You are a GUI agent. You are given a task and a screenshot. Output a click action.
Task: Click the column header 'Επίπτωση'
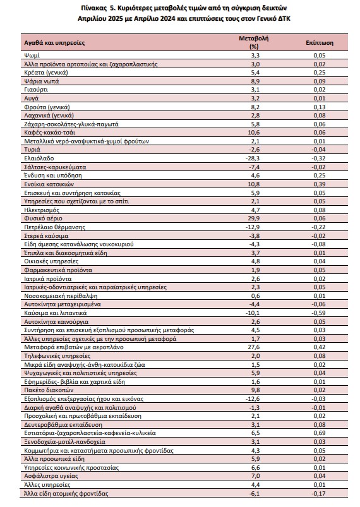[319, 43]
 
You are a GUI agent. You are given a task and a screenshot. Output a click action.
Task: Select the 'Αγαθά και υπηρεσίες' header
[54, 43]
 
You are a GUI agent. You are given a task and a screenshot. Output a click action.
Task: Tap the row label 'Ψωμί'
[32, 56]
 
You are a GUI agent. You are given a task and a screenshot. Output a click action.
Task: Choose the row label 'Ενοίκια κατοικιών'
[49, 184]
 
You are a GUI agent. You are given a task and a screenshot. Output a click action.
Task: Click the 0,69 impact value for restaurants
[319, 433]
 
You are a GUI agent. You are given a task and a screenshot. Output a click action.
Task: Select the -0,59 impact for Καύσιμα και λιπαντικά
[318, 313]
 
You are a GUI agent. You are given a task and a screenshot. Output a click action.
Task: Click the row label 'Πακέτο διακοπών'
[49, 390]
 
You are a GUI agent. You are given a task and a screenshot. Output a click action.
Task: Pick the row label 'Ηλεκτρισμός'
[42, 210]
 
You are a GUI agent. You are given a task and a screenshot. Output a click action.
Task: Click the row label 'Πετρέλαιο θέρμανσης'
[55, 227]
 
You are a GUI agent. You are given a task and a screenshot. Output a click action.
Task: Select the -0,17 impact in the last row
[318, 493]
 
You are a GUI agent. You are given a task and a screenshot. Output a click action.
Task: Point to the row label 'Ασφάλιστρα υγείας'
[51, 476]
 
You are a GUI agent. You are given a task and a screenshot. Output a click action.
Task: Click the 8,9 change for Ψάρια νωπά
[255, 81]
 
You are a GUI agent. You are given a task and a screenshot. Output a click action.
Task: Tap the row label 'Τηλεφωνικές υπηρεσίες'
[57, 356]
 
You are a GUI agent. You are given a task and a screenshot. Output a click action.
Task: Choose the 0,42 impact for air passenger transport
[319, 347]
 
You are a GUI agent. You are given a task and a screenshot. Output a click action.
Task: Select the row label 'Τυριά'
[32, 150]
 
